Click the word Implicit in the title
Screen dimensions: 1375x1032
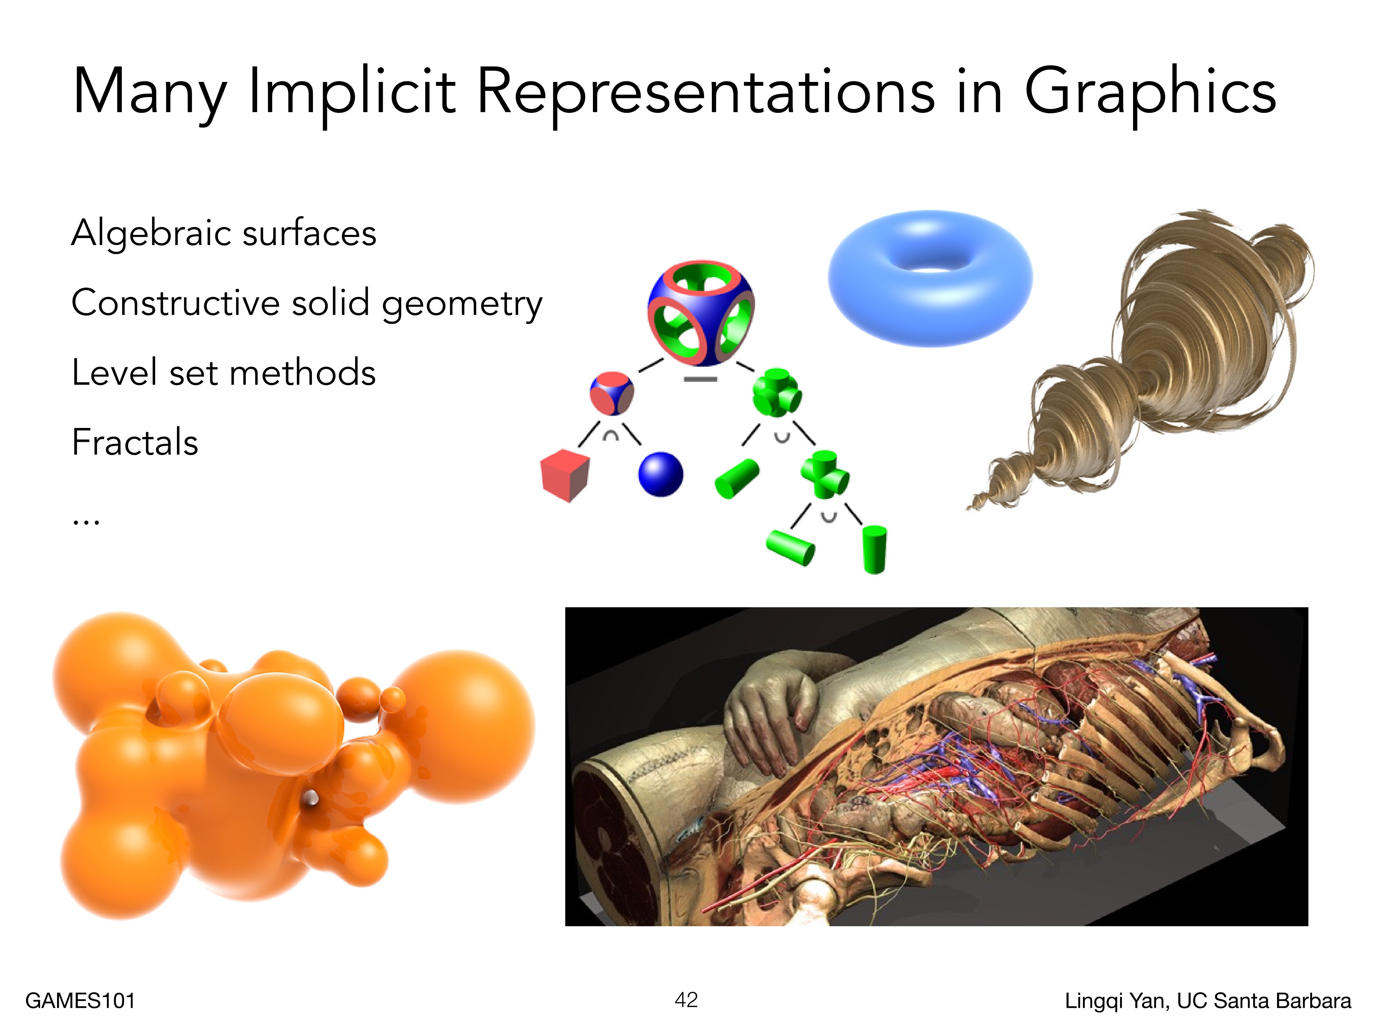352,92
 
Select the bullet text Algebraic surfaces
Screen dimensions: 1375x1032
224,233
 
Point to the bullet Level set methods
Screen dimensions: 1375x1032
224,372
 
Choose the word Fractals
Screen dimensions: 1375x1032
135,442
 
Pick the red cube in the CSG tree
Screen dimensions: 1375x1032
565,475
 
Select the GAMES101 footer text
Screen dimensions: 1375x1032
80,1001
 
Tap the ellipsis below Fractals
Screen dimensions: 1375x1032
85,522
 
